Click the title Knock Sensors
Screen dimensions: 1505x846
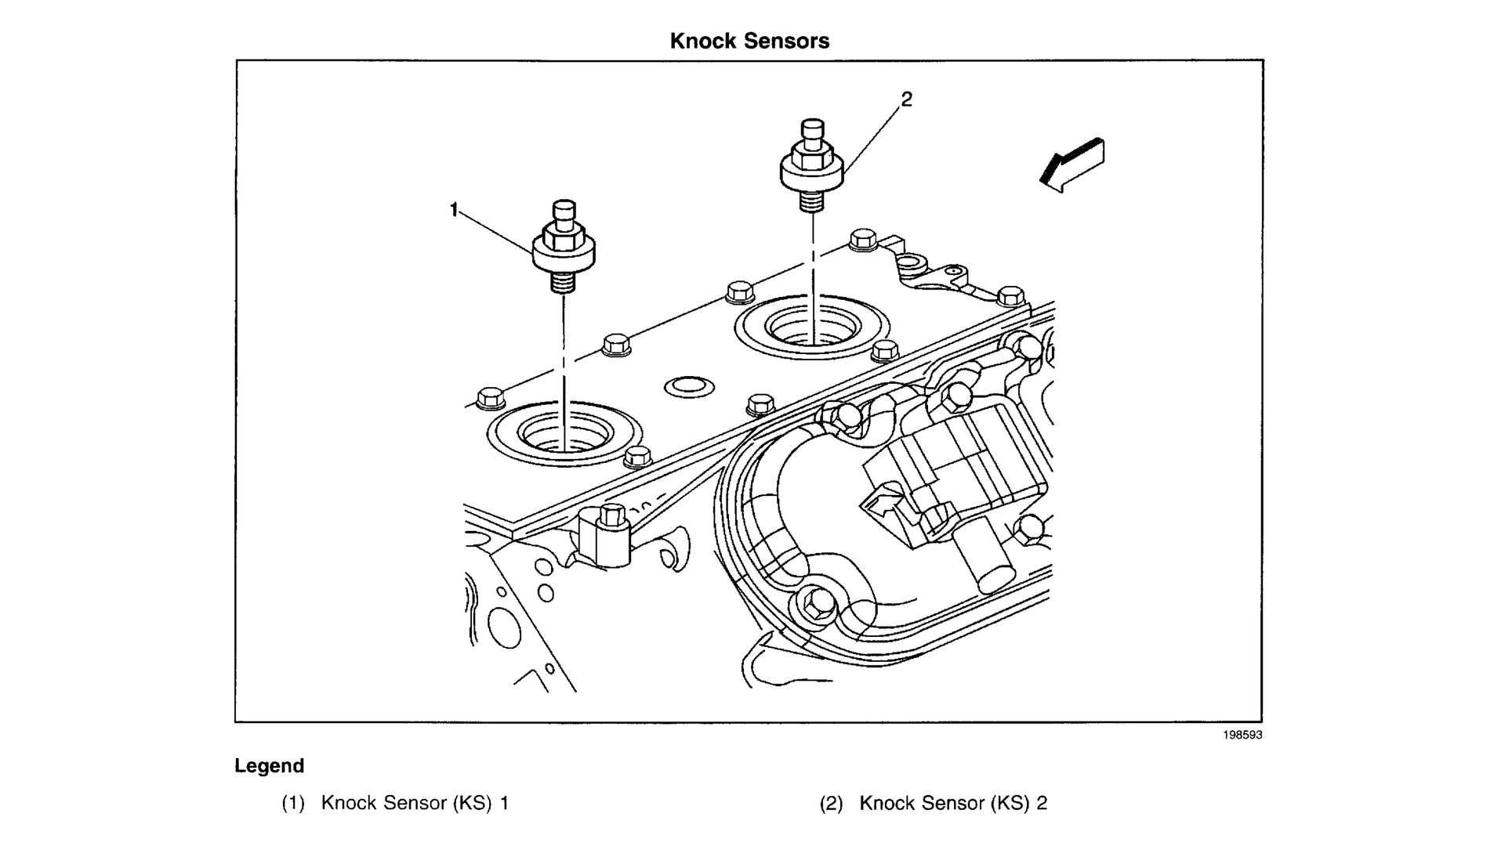click(749, 41)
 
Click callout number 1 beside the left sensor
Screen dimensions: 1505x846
click(454, 209)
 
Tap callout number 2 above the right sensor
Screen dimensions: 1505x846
click(907, 99)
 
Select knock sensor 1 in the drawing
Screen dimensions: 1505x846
click(564, 246)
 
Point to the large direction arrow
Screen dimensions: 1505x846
click(1072, 165)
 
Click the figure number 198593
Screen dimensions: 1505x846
click(1242, 735)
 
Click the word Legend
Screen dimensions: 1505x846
click(269, 766)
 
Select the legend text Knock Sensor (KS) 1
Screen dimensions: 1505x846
click(415, 803)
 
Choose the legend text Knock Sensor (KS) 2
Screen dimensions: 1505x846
click(953, 803)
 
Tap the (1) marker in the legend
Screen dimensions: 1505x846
click(293, 803)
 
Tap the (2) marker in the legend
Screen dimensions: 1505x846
click(832, 803)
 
